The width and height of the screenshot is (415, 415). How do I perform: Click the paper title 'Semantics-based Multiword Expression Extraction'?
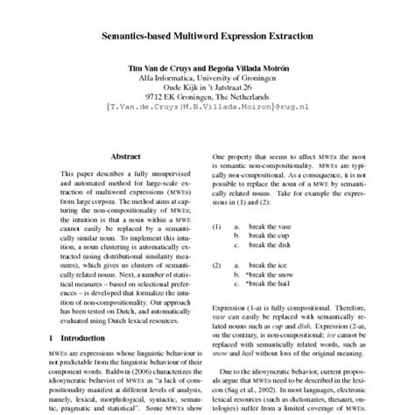pos(207,40)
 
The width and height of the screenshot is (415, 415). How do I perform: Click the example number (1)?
pos(218,226)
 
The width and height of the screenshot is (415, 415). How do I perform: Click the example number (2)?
pos(218,264)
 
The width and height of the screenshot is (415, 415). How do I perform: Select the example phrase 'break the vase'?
pos(277,226)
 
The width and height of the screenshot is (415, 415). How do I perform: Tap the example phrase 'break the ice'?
pos(275,264)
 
